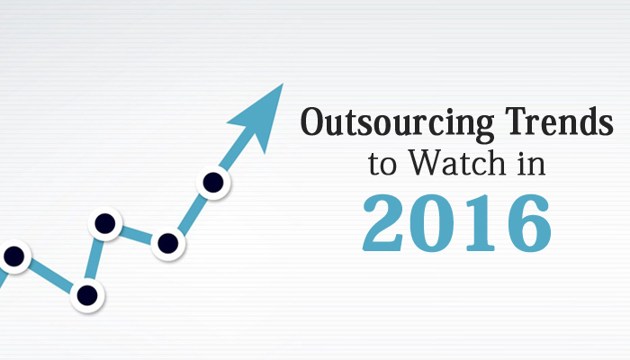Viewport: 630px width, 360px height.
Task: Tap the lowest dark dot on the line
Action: coord(87,293)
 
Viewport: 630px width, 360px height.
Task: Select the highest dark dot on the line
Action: coord(212,183)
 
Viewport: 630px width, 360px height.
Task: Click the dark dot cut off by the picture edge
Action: coord(13,256)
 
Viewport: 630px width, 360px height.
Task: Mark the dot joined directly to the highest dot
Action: coord(167,242)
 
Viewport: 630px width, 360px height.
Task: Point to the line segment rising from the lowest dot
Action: coord(95,259)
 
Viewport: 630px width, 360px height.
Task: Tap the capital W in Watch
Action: coord(419,164)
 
